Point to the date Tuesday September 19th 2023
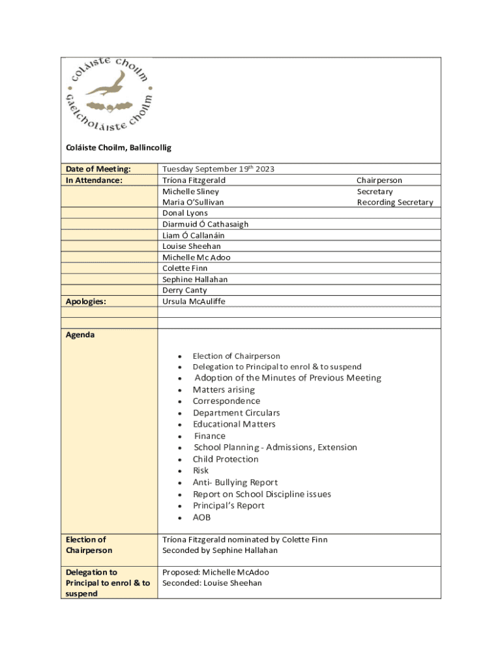(218, 169)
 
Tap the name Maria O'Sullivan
(193, 203)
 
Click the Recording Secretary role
(394, 203)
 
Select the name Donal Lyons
(185, 214)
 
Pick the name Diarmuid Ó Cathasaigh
(205, 225)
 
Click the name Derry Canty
(185, 291)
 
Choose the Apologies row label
(86, 302)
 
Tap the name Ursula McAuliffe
(194, 302)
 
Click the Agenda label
(80, 335)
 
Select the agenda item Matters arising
(224, 390)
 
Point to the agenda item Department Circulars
(236, 413)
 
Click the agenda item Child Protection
(226, 459)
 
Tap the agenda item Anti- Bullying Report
(235, 483)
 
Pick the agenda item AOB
(201, 518)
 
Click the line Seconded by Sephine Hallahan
(220, 550)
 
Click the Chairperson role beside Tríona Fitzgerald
(379, 180)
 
